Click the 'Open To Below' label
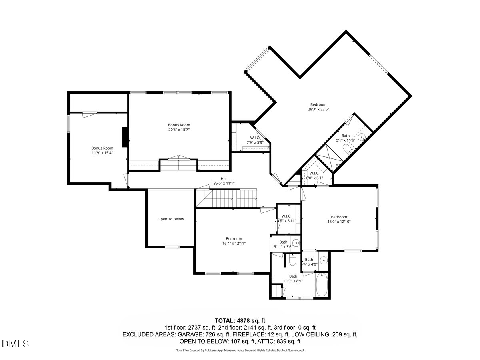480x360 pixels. coord(171,219)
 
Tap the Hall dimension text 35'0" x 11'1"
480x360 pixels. coord(224,183)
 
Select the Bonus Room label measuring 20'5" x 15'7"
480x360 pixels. coord(179,127)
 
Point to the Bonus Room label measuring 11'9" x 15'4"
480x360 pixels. coord(102,150)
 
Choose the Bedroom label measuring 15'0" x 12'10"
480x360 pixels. coord(339,219)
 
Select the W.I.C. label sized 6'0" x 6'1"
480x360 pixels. coord(314,176)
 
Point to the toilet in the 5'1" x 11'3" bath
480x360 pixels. coord(348,149)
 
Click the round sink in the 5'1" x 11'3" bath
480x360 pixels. coord(361,137)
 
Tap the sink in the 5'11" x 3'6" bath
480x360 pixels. coord(296,242)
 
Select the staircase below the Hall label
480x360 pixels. coord(227,199)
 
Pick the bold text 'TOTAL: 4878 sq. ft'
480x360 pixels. coord(240,320)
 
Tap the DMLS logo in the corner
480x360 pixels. coord(16,344)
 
